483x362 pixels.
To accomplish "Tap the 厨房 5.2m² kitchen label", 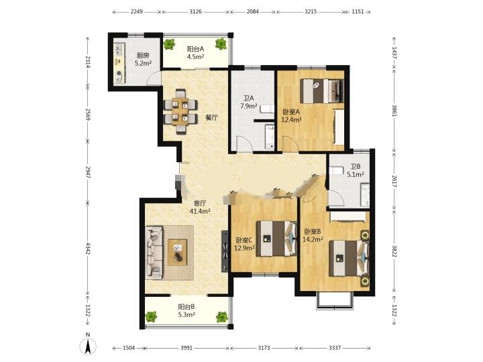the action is [143, 60].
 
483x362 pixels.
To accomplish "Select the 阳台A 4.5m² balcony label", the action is [196, 53].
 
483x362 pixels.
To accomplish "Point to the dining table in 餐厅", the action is [180, 111].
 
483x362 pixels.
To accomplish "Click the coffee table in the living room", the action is [177, 252].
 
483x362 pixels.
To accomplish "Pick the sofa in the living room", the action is [154, 253].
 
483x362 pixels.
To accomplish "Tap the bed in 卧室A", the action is [322, 90].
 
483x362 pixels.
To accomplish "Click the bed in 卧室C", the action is [276, 239].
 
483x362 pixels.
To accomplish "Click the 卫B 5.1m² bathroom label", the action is [355, 170].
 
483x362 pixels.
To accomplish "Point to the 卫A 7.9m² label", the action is [249, 102].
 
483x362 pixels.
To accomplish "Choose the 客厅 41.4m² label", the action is [200, 207].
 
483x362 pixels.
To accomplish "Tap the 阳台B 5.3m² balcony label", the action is [186, 310].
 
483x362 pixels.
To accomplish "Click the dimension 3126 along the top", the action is [196, 11].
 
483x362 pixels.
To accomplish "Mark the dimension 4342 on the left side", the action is [88, 249].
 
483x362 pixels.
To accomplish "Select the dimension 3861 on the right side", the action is [394, 111].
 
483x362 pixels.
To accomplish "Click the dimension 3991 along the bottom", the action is [186, 348].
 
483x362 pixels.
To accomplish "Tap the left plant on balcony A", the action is [169, 44].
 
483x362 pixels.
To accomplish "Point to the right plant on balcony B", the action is [221, 316].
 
